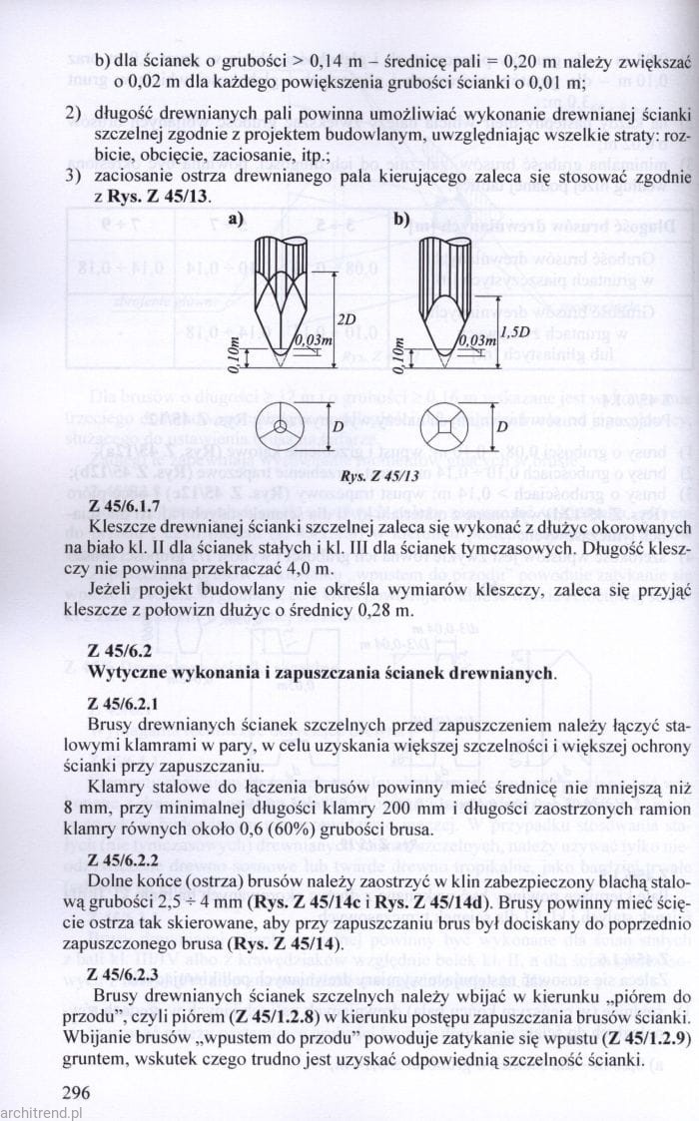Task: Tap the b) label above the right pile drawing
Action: [402, 217]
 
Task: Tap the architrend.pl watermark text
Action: [41, 1110]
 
